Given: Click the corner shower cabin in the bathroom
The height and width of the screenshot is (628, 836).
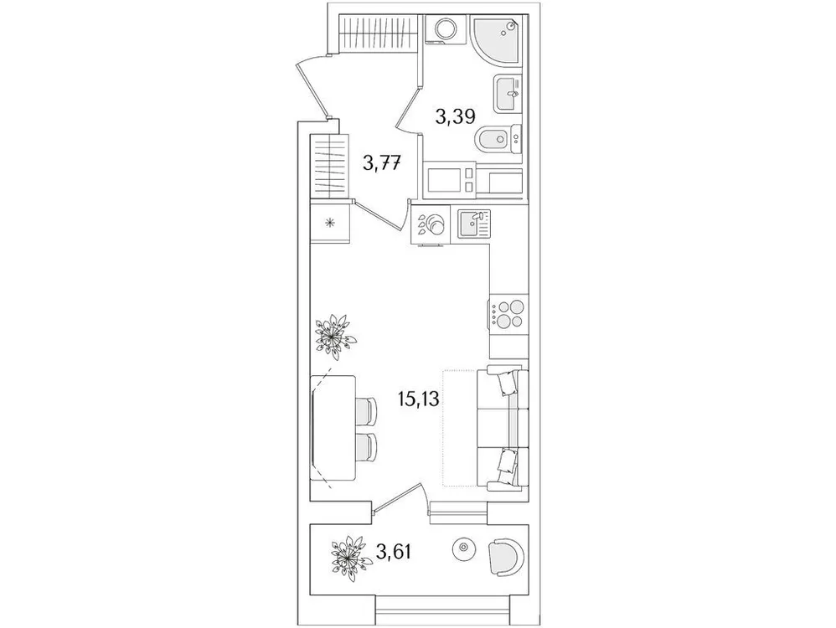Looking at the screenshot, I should click(x=498, y=39).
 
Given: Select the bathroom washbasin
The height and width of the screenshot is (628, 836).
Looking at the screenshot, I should click(x=508, y=93).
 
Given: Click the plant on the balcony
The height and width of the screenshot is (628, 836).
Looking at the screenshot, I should click(x=350, y=553).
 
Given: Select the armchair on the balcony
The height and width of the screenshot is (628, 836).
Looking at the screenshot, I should click(x=507, y=553).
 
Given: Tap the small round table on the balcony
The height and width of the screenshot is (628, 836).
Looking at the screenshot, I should click(x=462, y=549).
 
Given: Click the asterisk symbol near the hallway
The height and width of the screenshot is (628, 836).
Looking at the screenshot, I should click(x=330, y=223).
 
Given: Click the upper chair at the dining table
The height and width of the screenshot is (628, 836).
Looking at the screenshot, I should click(x=365, y=411).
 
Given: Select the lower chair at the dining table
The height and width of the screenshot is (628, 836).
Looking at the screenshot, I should click(x=365, y=446).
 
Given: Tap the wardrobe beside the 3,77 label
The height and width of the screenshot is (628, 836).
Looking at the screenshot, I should click(x=330, y=165).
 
